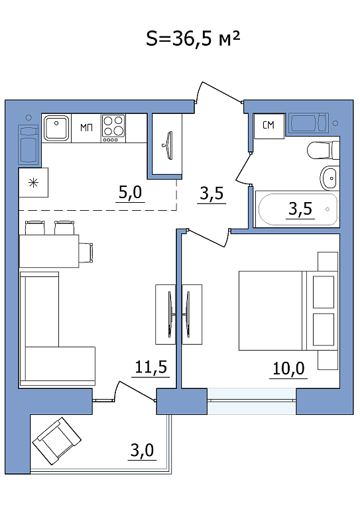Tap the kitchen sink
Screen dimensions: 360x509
pos(57,127)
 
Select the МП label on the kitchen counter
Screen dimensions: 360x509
pos(86,127)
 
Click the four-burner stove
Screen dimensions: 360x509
pos(113,128)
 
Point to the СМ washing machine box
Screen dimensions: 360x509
pos(269,125)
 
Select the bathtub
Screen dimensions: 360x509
pos(298,209)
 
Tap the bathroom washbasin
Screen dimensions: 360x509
pos(330,178)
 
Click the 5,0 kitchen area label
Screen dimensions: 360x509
pos(130,193)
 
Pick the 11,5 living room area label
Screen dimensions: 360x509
pos(150,367)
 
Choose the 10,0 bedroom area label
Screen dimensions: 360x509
pos(288,368)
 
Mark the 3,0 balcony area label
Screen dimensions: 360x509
pos(142,450)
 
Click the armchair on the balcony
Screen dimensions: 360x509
pos(57,441)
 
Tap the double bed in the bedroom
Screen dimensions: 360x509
pos(286,311)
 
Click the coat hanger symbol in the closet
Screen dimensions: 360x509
pos(168,145)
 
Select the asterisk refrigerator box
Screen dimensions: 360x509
pos(33,182)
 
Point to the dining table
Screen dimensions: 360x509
pos(49,251)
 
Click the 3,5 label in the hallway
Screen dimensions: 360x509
pos(211,194)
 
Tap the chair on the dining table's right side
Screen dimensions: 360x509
pos(86,253)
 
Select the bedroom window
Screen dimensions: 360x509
pos(251,401)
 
